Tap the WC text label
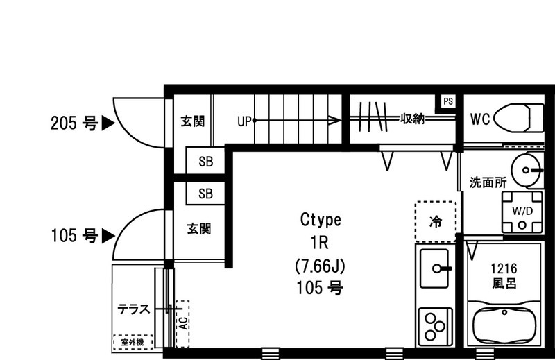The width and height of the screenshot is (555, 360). click(480, 119)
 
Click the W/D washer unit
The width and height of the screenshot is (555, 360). click(521, 212)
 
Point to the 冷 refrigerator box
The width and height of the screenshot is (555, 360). click(436, 222)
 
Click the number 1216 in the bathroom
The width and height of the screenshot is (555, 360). click(504, 268)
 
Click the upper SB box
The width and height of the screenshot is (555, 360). click(206, 162)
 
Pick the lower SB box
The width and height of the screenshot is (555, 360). click(206, 194)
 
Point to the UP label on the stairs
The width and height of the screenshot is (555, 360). click(244, 121)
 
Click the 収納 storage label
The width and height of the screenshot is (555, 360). click(411, 119)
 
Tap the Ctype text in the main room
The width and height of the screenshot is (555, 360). click(321, 221)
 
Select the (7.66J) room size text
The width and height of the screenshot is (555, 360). click(321, 266)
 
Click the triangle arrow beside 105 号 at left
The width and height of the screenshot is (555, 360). click(108, 236)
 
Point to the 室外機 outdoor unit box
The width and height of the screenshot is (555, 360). click(130, 343)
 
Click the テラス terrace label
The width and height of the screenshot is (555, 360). click(134, 309)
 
